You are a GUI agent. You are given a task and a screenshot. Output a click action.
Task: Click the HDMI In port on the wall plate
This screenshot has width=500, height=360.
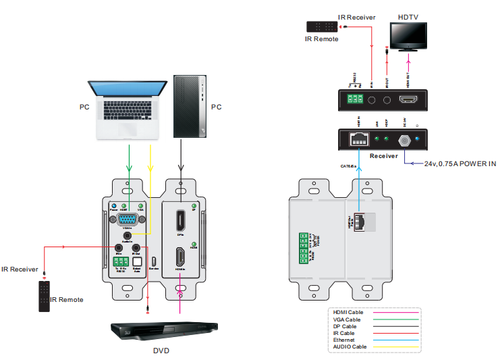[x=180, y=257]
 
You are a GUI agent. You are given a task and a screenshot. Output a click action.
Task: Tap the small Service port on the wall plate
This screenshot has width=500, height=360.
[x=154, y=262]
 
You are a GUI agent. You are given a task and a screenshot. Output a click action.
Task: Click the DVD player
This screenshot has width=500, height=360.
[x=165, y=329]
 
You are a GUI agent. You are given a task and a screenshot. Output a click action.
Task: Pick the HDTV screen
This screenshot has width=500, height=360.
[x=408, y=35]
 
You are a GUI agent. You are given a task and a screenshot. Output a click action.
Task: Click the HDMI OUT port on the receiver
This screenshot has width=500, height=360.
[x=408, y=101]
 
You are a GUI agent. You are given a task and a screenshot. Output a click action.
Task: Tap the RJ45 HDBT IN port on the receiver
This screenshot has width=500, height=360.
[x=358, y=140]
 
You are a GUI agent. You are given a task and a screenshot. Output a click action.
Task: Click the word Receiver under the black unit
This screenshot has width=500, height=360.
[x=384, y=155]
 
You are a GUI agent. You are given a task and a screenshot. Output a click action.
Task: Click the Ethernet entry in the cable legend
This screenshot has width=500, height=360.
[x=345, y=340]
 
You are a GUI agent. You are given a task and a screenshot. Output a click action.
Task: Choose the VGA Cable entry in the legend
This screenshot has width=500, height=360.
[x=348, y=319]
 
